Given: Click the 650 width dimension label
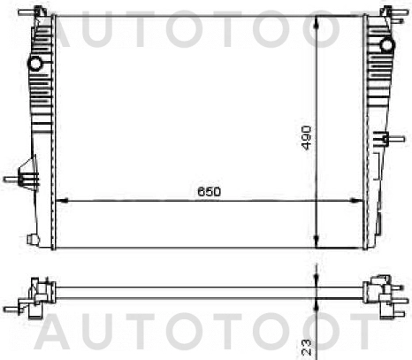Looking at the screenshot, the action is pyautogui.click(x=209, y=192).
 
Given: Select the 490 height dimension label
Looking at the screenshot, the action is pyautogui.click(x=307, y=138).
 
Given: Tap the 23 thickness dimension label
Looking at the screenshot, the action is pyautogui.click(x=307, y=347).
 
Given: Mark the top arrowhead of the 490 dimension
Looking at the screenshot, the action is pyautogui.click(x=317, y=22).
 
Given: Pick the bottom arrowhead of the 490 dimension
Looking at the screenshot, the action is pyautogui.click(x=317, y=241).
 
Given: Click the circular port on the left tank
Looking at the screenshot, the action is pyautogui.click(x=35, y=63).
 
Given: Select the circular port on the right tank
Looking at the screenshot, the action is pyautogui.click(x=387, y=45).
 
